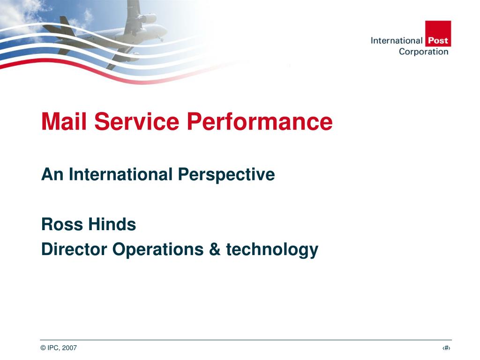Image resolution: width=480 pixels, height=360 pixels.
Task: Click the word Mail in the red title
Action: (64, 121)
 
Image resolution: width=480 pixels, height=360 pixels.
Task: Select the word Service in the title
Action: (136, 121)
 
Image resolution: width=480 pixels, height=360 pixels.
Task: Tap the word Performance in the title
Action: (260, 121)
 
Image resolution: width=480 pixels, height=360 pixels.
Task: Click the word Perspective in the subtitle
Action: (226, 175)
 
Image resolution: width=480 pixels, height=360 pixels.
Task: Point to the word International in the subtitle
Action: (120, 174)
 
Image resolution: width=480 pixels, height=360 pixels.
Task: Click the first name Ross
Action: (62, 224)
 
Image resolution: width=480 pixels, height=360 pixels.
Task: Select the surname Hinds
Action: (112, 224)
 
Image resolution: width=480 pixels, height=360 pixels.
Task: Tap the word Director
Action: (74, 249)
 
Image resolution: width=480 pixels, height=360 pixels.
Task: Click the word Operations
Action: (158, 249)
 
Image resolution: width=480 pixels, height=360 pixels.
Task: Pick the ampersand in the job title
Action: (215, 249)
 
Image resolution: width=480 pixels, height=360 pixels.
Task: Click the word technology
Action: (272, 249)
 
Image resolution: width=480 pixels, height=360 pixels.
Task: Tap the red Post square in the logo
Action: (438, 34)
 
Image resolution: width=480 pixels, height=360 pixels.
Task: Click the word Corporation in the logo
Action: (424, 52)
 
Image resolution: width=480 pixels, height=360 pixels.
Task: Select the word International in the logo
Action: (397, 40)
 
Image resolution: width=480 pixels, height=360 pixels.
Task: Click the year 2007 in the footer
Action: (69, 348)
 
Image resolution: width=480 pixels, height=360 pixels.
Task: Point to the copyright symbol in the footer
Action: (43, 348)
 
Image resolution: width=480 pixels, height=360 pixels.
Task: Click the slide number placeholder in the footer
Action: (446, 348)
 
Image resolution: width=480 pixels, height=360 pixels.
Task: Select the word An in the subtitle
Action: (52, 174)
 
